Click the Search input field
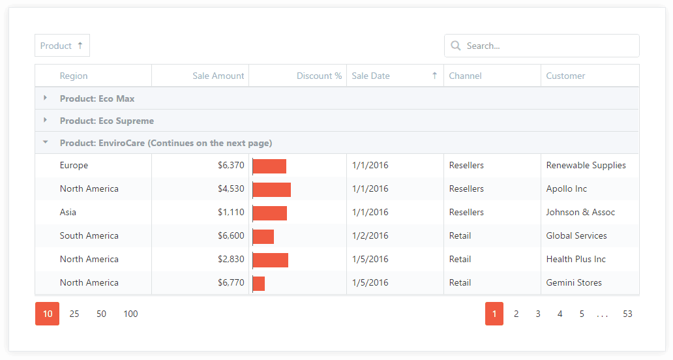click(542, 46)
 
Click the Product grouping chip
click(62, 46)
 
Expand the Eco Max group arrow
click(45, 98)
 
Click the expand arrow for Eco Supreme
click(45, 120)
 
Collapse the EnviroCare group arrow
click(45, 142)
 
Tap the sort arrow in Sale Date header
click(435, 76)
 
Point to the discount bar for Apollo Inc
click(272, 190)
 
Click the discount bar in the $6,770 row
click(259, 284)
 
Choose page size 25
click(74, 314)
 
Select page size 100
click(130, 314)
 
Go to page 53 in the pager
click(627, 314)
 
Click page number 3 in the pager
click(538, 314)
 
